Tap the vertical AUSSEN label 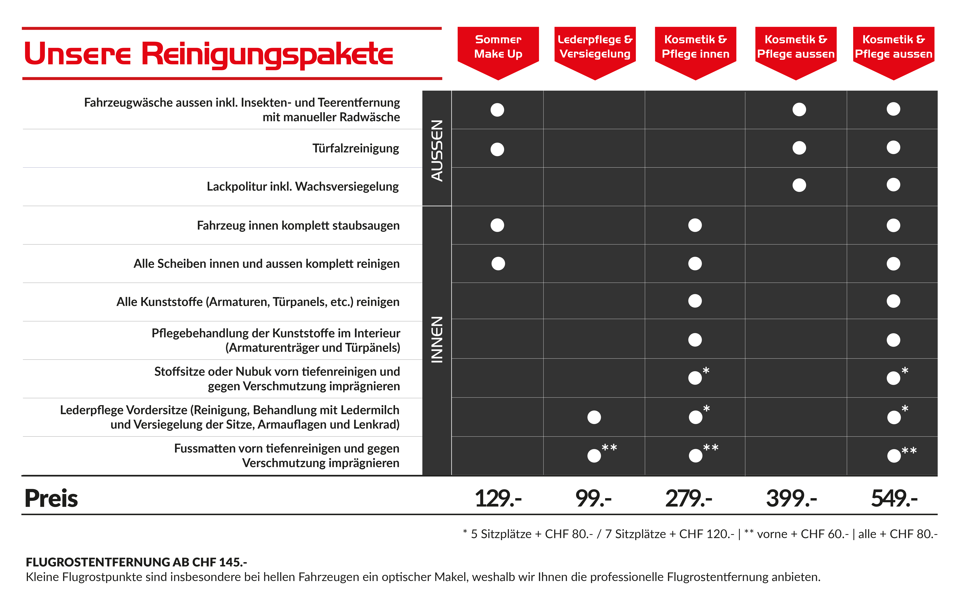point(437,151)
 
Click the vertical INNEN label point(437,340)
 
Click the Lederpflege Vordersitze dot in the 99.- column point(594,417)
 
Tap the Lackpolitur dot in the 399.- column point(799,185)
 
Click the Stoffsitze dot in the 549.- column point(893,378)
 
